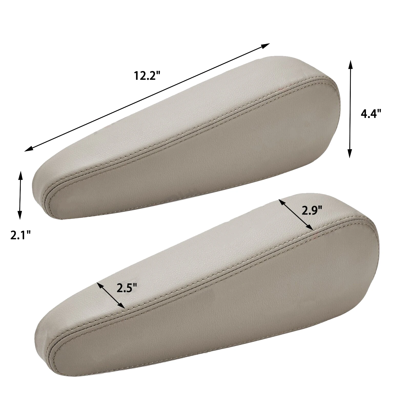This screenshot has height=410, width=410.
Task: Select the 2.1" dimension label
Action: pos(20,235)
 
